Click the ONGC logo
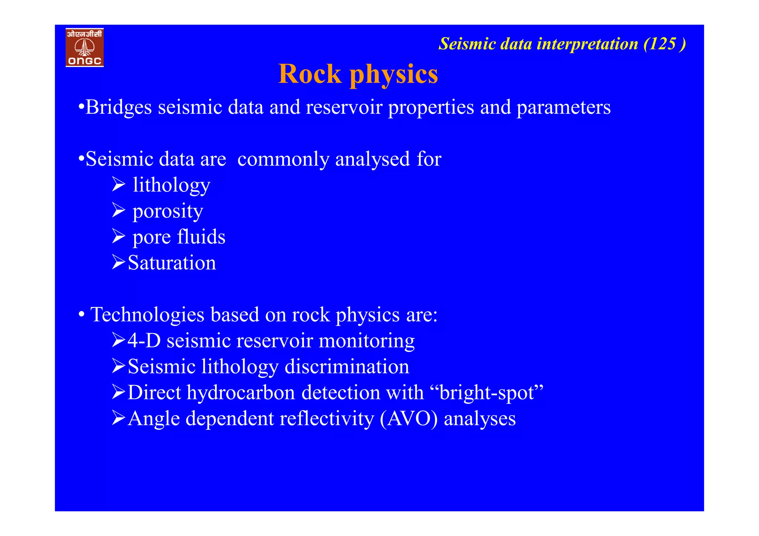coord(84,47)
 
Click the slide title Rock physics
coord(358,74)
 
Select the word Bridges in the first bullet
coord(119,108)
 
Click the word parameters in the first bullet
coord(563,108)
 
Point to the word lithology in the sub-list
coord(171,185)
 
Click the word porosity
coord(168,212)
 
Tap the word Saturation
coord(172,263)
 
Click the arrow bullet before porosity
coord(119,210)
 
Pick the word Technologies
coord(147,315)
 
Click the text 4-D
coord(144,341)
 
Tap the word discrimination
coord(347,367)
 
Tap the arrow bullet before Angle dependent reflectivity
coord(119,418)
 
